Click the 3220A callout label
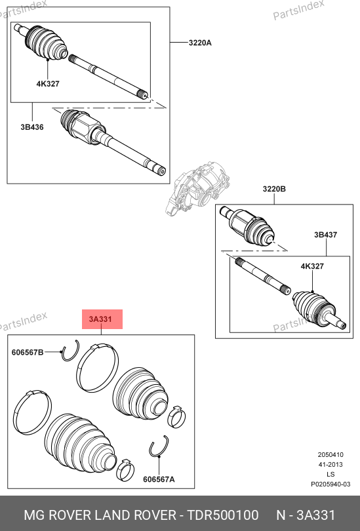[200, 43]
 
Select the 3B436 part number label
[32, 127]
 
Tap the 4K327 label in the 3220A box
[48, 84]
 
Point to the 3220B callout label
[274, 189]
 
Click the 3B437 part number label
[325, 235]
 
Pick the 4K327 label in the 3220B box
[312, 266]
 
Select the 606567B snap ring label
[28, 352]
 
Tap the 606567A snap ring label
[159, 479]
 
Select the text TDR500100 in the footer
[223, 515]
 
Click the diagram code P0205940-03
[331, 484]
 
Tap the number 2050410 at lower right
[330, 455]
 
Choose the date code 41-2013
[330, 465]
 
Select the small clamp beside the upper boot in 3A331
[176, 416]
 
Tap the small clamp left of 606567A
[125, 470]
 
